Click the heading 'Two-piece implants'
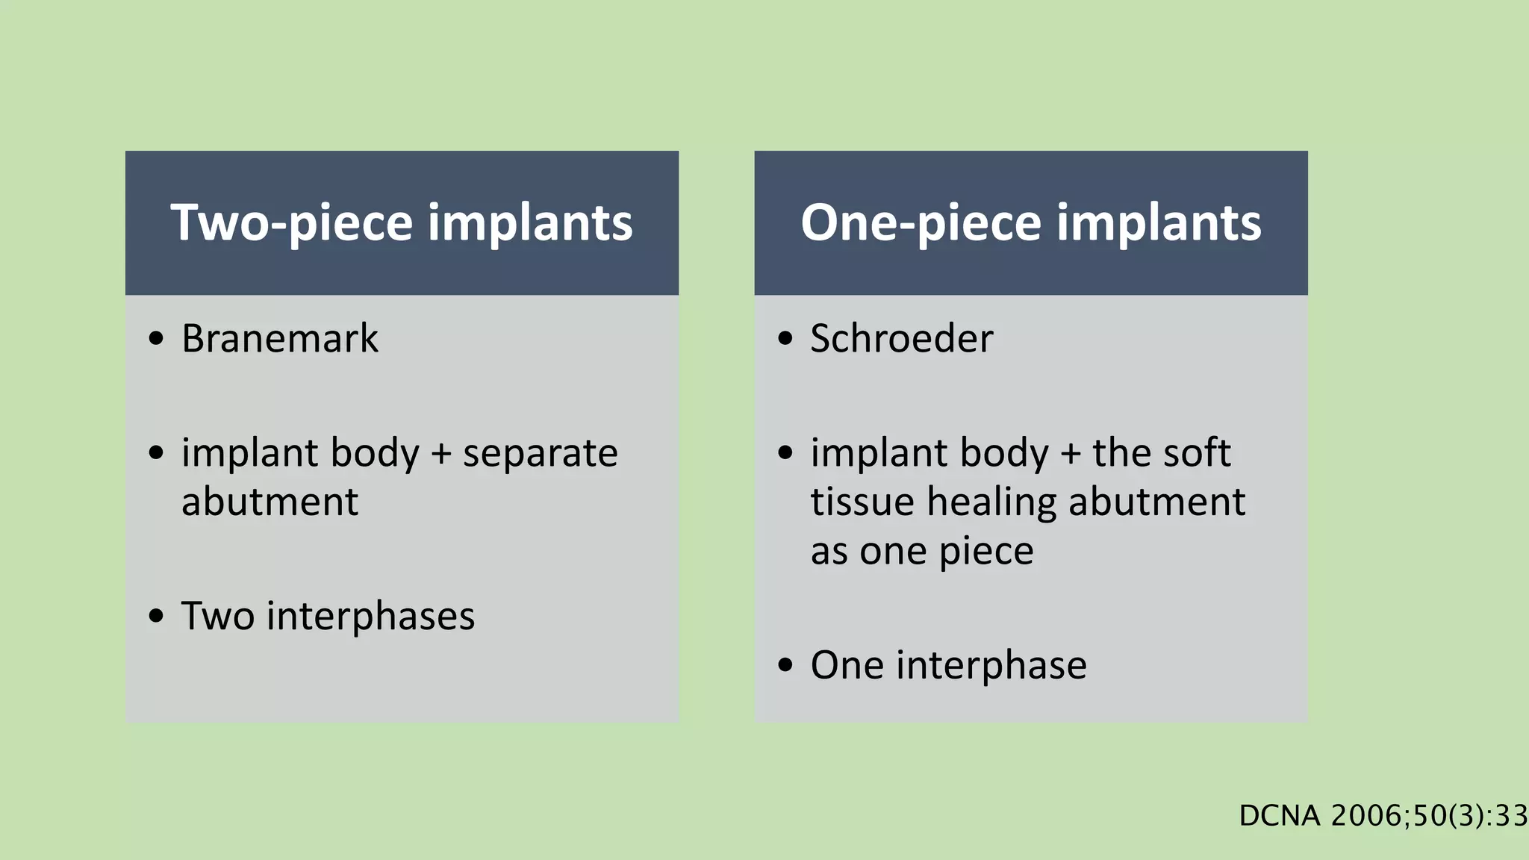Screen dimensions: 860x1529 click(402, 222)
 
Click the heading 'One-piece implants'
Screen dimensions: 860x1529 click(1031, 222)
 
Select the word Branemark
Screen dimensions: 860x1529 click(280, 339)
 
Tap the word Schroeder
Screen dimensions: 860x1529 click(902, 339)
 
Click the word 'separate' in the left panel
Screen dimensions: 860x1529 click(541, 453)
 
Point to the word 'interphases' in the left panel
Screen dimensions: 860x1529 click(370, 617)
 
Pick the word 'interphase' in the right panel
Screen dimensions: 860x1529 click(991, 665)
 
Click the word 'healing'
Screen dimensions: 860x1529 click(991, 502)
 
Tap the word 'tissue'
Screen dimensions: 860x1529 click(862, 502)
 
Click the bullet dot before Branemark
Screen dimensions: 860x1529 click(156, 339)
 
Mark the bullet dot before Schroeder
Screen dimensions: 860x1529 click(785, 339)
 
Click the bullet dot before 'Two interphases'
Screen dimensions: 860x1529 click(156, 617)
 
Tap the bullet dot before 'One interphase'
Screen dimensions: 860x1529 click(785, 665)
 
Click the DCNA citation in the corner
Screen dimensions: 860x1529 click(1383, 816)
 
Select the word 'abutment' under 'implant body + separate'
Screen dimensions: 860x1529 click(270, 502)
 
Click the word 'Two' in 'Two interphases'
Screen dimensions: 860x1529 click(217, 617)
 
